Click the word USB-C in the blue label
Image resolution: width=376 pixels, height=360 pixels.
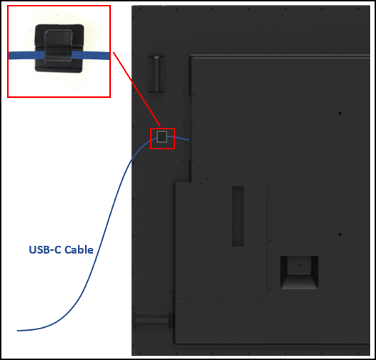coord(45,250)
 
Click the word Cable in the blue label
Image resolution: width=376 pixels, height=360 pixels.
coord(79,250)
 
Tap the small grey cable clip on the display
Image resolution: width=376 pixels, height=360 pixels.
coord(162,137)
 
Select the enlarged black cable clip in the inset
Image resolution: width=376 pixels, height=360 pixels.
coord(59,48)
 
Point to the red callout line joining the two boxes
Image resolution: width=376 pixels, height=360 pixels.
coord(137,89)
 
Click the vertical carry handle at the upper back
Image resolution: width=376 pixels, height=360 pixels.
coord(157,74)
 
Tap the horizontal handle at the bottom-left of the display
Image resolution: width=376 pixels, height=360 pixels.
coord(153,321)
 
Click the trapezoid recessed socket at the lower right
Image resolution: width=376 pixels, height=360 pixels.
coord(300,273)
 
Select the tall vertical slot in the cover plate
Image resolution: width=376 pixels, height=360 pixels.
coord(237,216)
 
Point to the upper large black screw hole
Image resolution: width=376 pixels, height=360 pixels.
coord(340,113)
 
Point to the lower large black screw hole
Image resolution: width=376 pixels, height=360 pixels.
coord(340,234)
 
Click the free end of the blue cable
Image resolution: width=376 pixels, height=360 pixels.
coord(17,331)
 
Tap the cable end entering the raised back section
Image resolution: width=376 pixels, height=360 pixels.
coord(188,140)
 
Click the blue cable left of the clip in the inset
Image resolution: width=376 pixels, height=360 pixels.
coord(26,56)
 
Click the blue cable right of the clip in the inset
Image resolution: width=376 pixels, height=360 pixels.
coord(91,56)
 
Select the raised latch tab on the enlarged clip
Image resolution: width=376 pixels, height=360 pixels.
coord(58,45)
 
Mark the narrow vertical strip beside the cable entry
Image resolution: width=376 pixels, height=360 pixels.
coord(188,128)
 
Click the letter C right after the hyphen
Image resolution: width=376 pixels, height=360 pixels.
coord(57,250)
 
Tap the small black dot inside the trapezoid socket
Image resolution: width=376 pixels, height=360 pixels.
coord(300,265)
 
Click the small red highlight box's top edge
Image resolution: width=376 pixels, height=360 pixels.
coord(162,129)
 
